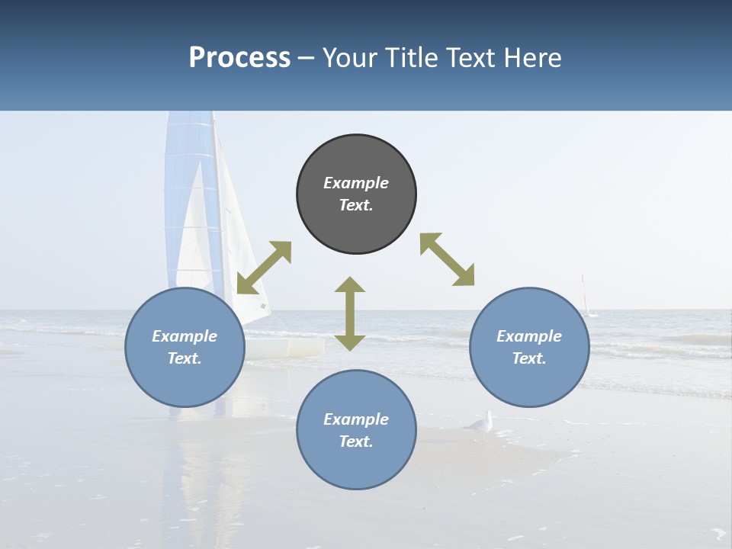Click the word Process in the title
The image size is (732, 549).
(x=239, y=58)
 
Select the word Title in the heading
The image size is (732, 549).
(x=410, y=58)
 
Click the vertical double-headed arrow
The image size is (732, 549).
(x=350, y=314)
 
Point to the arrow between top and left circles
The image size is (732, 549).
(x=264, y=268)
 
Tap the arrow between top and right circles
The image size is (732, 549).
(x=447, y=259)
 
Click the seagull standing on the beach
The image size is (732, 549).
(x=480, y=424)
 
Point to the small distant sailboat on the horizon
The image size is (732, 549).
(x=587, y=299)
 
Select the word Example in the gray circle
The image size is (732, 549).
(x=356, y=183)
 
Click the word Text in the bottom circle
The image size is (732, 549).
(x=355, y=441)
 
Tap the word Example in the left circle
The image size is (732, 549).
(x=185, y=336)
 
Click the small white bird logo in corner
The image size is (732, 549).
(x=718, y=533)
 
